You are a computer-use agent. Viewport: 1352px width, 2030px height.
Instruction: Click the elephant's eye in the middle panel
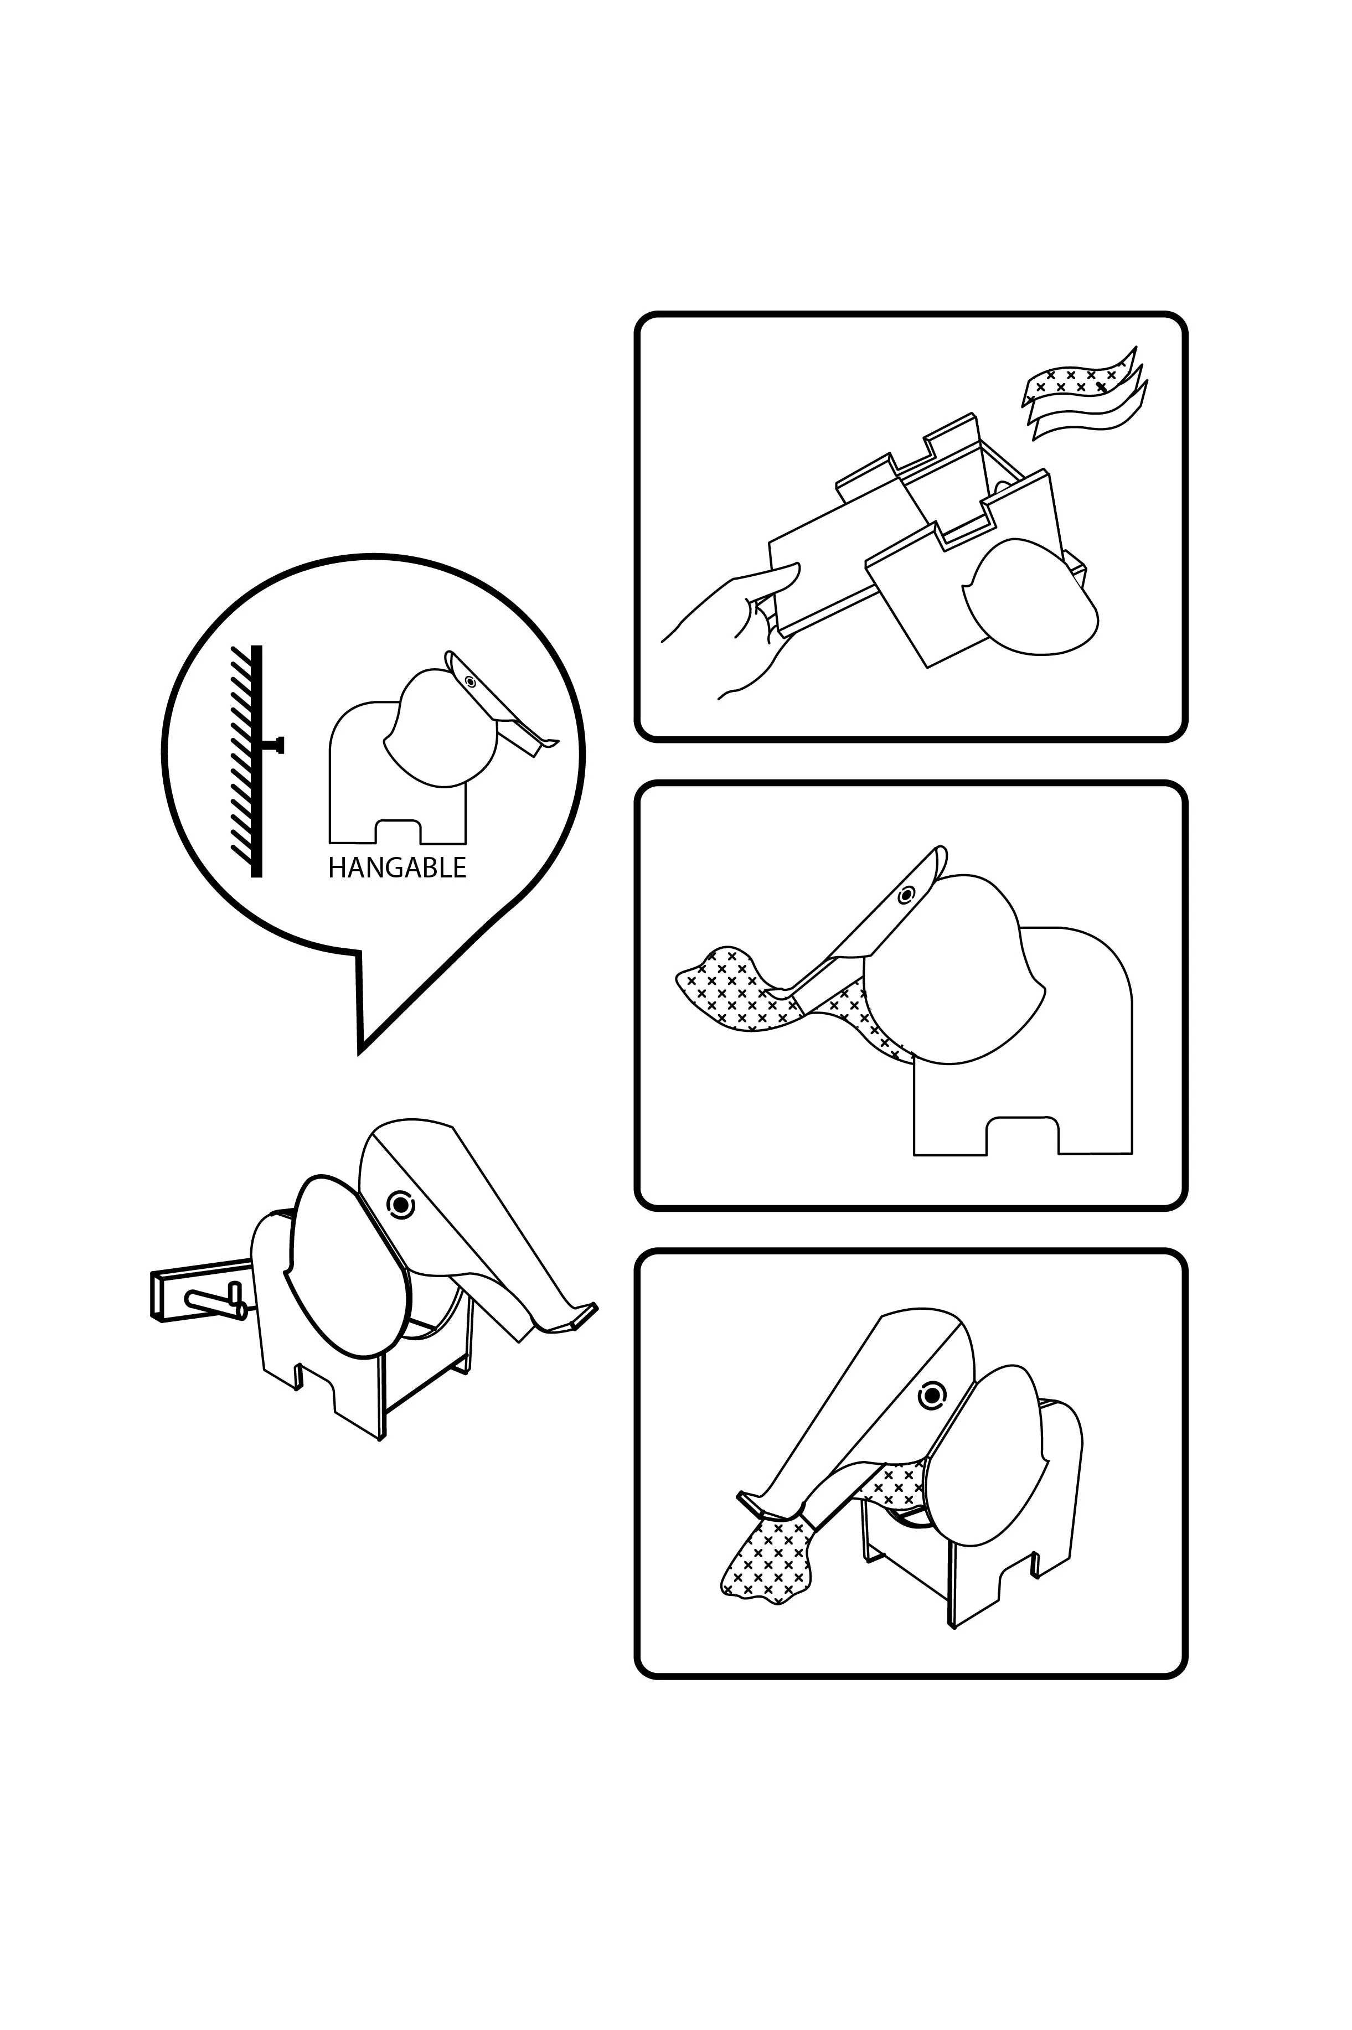tap(905, 895)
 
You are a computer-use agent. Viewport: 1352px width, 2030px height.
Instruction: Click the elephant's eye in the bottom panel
tap(931, 1394)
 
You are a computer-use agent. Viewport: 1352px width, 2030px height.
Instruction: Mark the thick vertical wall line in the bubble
tap(256, 761)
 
